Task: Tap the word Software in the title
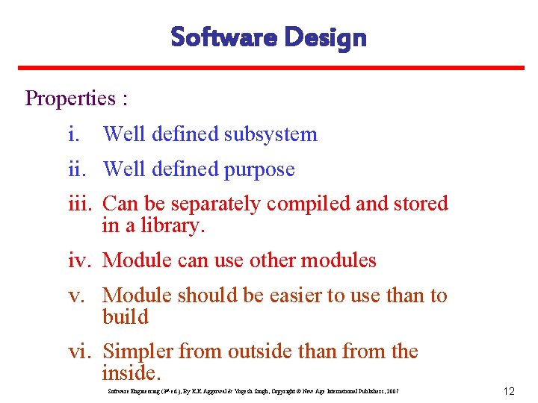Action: point(221,37)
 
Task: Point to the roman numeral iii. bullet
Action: point(79,204)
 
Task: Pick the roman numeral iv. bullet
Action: point(80,260)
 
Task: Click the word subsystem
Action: point(270,134)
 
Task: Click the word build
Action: point(126,317)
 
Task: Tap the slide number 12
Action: point(510,391)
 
